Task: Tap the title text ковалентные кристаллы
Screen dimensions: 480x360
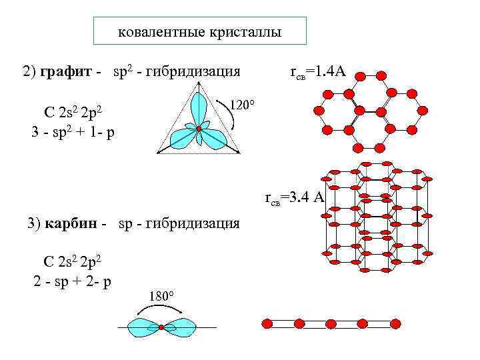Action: pos(200,32)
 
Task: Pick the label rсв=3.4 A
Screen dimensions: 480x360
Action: pos(294,197)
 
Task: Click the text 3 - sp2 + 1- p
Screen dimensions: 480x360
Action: pos(73,132)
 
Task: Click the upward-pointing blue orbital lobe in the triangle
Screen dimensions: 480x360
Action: pos(198,107)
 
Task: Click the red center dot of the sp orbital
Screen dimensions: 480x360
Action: pos(161,327)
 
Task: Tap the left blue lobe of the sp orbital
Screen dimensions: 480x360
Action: pos(143,327)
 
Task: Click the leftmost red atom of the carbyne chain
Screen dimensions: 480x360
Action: pos(268,324)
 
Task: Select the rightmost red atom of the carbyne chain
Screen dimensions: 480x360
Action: pos(395,324)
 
